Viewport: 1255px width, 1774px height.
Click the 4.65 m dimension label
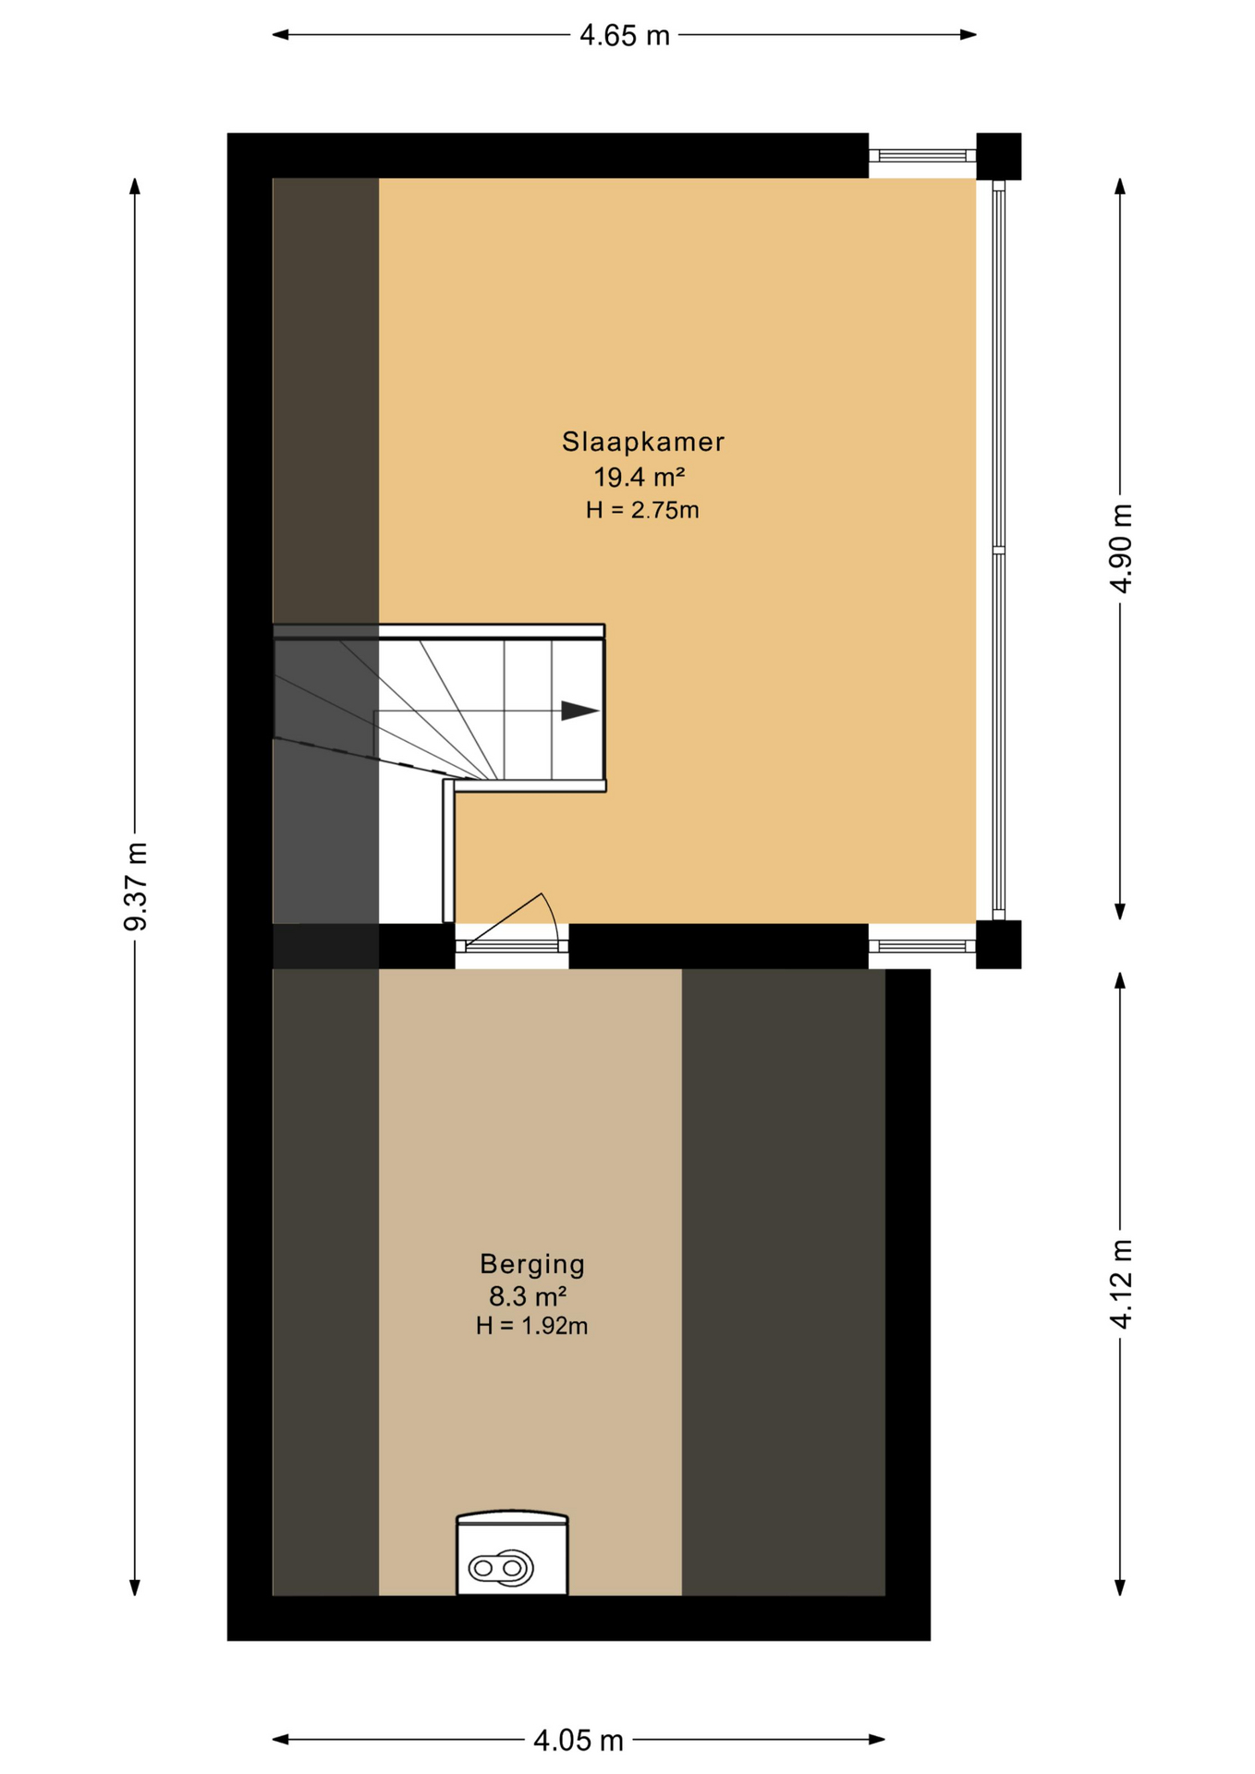(x=624, y=36)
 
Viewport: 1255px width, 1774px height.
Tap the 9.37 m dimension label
(x=136, y=886)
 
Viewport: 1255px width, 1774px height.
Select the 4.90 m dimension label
(x=1120, y=548)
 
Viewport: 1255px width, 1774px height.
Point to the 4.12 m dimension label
(x=1120, y=1283)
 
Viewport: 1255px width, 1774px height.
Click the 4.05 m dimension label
(x=579, y=1741)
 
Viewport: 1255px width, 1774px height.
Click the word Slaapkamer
(x=642, y=442)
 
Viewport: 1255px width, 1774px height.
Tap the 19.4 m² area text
(x=639, y=478)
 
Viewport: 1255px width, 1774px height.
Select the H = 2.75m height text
(x=642, y=510)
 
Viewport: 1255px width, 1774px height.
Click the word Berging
(x=532, y=1263)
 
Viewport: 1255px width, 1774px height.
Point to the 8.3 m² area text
(x=528, y=1295)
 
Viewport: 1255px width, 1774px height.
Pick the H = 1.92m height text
(x=531, y=1326)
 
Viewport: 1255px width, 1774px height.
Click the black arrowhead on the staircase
(x=579, y=711)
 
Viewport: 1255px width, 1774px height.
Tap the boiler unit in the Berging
(x=512, y=1556)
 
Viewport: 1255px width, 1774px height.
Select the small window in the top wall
(x=921, y=156)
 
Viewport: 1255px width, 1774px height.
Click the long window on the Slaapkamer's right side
(x=998, y=550)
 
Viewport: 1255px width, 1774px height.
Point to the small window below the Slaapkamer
(x=921, y=946)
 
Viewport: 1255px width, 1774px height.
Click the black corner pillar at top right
(x=998, y=156)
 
